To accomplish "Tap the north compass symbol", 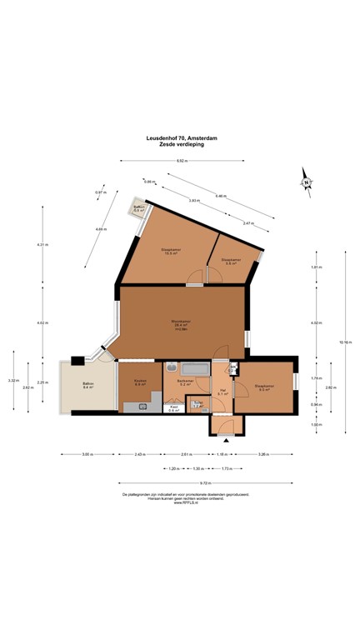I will (307, 181).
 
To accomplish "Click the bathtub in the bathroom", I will (194, 367).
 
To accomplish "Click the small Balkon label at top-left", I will (138, 208).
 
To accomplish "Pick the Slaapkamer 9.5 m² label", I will (265, 387).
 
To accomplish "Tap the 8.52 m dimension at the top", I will (180, 161).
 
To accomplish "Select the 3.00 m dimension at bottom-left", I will (87, 454).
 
